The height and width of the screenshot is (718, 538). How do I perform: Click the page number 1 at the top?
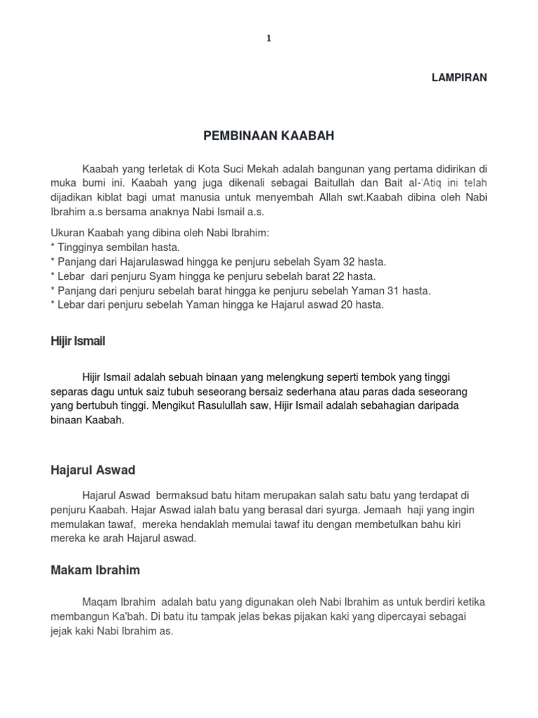coord(268,39)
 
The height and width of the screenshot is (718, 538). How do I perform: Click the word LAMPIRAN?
coord(459,78)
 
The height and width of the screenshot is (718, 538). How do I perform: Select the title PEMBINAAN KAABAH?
coord(269,136)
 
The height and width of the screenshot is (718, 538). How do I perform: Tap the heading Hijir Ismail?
coord(78,341)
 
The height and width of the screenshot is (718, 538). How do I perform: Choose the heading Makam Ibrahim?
coord(95,570)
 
